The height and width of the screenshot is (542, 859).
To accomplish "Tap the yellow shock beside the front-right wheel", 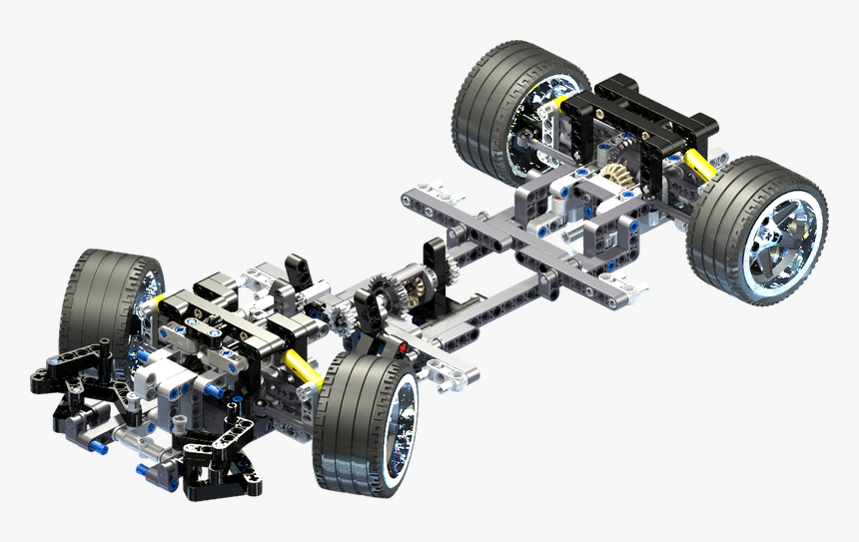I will pyautogui.click(x=303, y=367).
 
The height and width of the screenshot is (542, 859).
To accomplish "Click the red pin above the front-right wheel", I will pyautogui.click(x=402, y=348).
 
